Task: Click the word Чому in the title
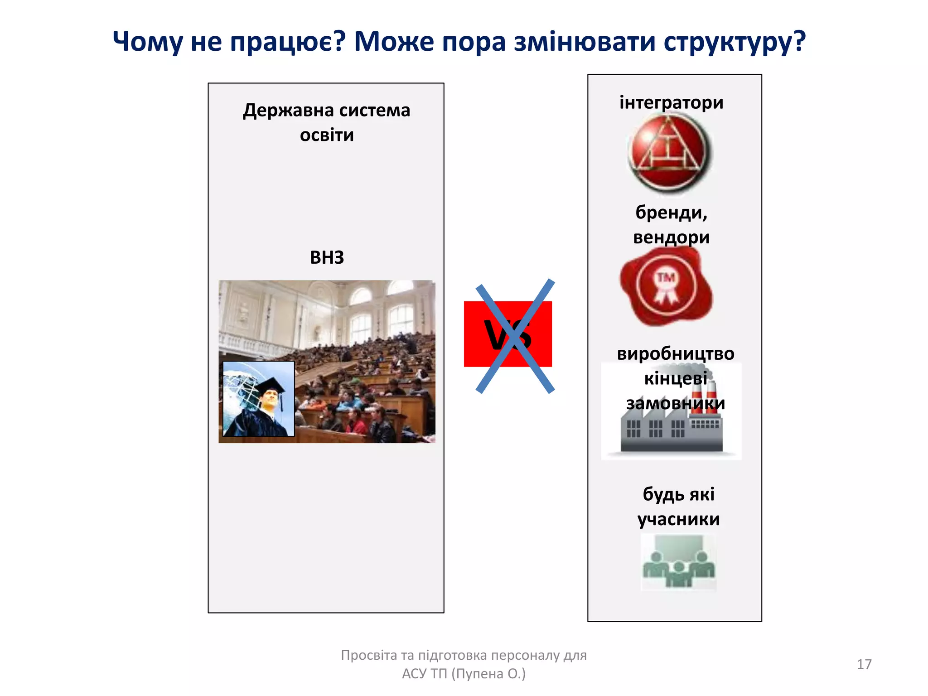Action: click(148, 42)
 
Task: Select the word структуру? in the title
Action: click(735, 42)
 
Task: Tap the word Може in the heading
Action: click(394, 42)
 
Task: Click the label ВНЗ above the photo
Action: click(327, 257)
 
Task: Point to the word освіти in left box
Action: click(327, 135)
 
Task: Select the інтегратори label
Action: click(671, 102)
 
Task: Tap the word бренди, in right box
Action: click(671, 213)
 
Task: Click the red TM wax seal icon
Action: click(666, 286)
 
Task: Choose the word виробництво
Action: click(675, 353)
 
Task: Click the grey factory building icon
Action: click(671, 430)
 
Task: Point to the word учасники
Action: click(678, 519)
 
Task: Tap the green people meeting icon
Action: click(678, 562)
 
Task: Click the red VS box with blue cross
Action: click(508, 334)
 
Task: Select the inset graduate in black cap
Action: click(259, 399)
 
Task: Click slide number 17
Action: click(864, 664)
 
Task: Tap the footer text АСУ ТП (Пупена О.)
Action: click(464, 674)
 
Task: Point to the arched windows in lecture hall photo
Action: click(381, 313)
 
